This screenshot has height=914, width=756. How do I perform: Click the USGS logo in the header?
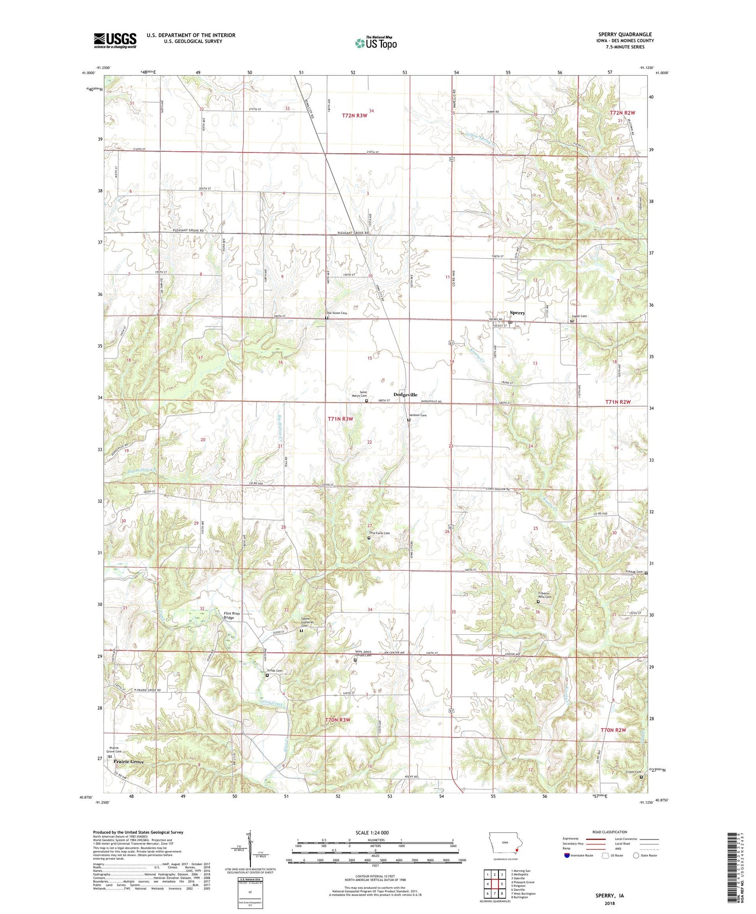(115, 40)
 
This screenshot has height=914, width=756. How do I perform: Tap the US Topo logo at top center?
(375, 43)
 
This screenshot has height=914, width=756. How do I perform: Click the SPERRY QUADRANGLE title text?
(627, 34)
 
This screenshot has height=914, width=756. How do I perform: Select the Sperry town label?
(517, 313)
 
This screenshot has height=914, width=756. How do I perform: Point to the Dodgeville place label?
(405, 395)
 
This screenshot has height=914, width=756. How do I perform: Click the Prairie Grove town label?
(129, 762)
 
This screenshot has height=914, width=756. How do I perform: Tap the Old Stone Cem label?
(337, 313)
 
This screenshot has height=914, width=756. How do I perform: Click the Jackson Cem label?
(417, 415)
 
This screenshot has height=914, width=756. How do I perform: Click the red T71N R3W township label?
(340, 419)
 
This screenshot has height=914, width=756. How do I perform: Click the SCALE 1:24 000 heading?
(375, 833)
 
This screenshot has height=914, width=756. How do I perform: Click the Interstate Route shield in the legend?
(567, 856)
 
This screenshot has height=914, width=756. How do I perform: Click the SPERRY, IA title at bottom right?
(607, 896)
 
